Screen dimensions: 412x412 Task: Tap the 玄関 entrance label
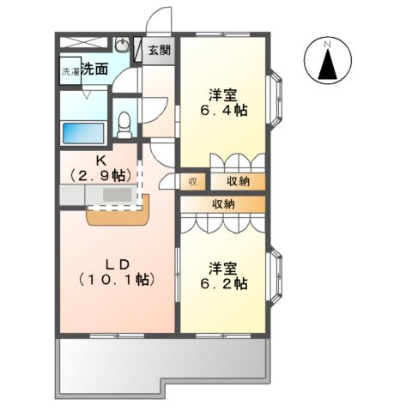click(x=159, y=50)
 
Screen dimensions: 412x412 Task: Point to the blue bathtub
click(x=82, y=133)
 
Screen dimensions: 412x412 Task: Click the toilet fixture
click(x=124, y=125)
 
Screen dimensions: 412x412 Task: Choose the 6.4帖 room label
click(x=225, y=103)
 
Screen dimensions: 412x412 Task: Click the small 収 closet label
click(x=193, y=181)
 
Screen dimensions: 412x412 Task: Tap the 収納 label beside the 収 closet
click(x=239, y=181)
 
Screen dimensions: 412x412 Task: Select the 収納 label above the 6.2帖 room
click(x=225, y=203)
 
